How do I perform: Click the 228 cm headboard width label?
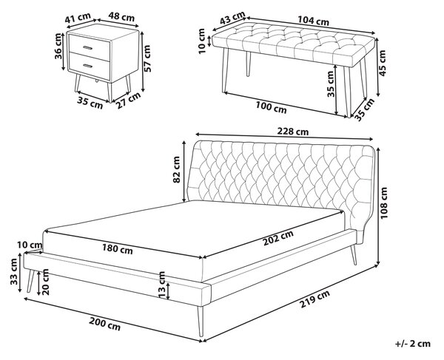pos(293,132)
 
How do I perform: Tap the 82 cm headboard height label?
pos(176,169)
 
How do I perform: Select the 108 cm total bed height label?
pos(383,203)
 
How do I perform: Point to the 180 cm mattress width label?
pos(117,249)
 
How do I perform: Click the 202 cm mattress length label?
pos(278,238)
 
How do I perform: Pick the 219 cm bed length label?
pos(314,299)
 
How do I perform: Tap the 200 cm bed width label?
pos(105,324)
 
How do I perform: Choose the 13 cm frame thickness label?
pos(161,285)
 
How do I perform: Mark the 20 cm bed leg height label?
pos(45,282)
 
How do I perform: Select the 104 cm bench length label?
pos(313,21)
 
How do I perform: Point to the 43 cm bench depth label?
pos(232,18)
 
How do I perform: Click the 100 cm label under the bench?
pos(271,107)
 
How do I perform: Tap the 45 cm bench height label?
pos(383,63)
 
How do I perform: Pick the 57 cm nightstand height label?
pos(147,58)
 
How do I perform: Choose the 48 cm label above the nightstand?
pos(121,17)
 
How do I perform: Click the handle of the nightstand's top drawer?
pos(88,47)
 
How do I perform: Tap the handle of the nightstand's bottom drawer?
pos(88,66)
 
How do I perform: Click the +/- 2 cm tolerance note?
pos(413,344)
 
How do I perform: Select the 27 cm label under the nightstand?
pos(128,100)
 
